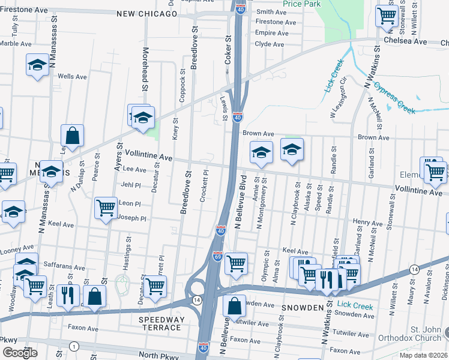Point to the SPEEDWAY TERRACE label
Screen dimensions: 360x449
160,323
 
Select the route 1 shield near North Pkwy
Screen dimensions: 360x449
73,346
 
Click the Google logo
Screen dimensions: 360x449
19,353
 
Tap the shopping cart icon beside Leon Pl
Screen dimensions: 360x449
106,208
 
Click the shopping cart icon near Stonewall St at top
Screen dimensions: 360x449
387,15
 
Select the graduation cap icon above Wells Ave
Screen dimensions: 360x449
37,64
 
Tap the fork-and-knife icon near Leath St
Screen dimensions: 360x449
67,294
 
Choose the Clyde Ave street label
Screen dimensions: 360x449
269,44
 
